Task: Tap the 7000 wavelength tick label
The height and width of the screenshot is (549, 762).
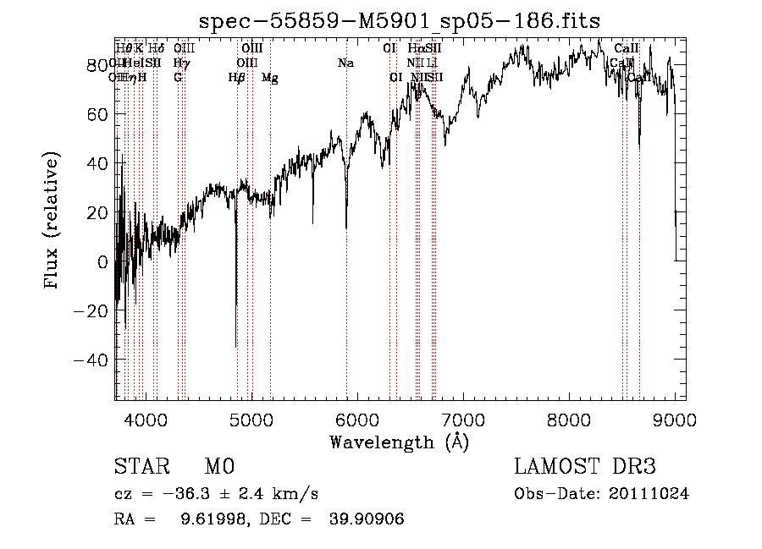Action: click(463, 419)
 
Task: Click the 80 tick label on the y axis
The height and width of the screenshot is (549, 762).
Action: click(98, 65)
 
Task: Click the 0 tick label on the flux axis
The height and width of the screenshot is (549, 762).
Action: click(103, 262)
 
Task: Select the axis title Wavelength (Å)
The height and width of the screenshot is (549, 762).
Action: click(399, 442)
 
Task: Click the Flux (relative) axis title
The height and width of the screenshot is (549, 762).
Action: click(52, 221)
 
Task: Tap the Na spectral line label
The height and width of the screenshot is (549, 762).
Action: click(345, 63)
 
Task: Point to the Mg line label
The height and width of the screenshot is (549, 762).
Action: click(269, 78)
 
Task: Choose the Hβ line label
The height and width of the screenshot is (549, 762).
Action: click(236, 78)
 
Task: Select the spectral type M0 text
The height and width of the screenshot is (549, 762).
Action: click(218, 468)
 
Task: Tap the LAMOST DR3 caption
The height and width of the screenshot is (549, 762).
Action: click(586, 468)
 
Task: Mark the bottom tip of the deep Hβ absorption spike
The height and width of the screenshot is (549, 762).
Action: click(235, 347)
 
